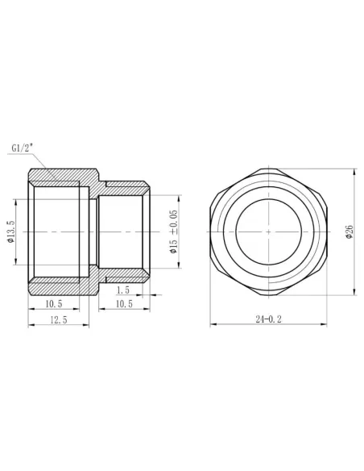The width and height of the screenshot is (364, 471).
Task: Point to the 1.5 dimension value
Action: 123,290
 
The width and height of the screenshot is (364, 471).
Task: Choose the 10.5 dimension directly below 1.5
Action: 123,303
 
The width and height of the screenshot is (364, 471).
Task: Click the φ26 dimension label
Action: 349,231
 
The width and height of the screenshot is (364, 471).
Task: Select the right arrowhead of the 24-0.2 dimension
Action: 329,325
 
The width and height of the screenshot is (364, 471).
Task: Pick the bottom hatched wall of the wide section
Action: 60,286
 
